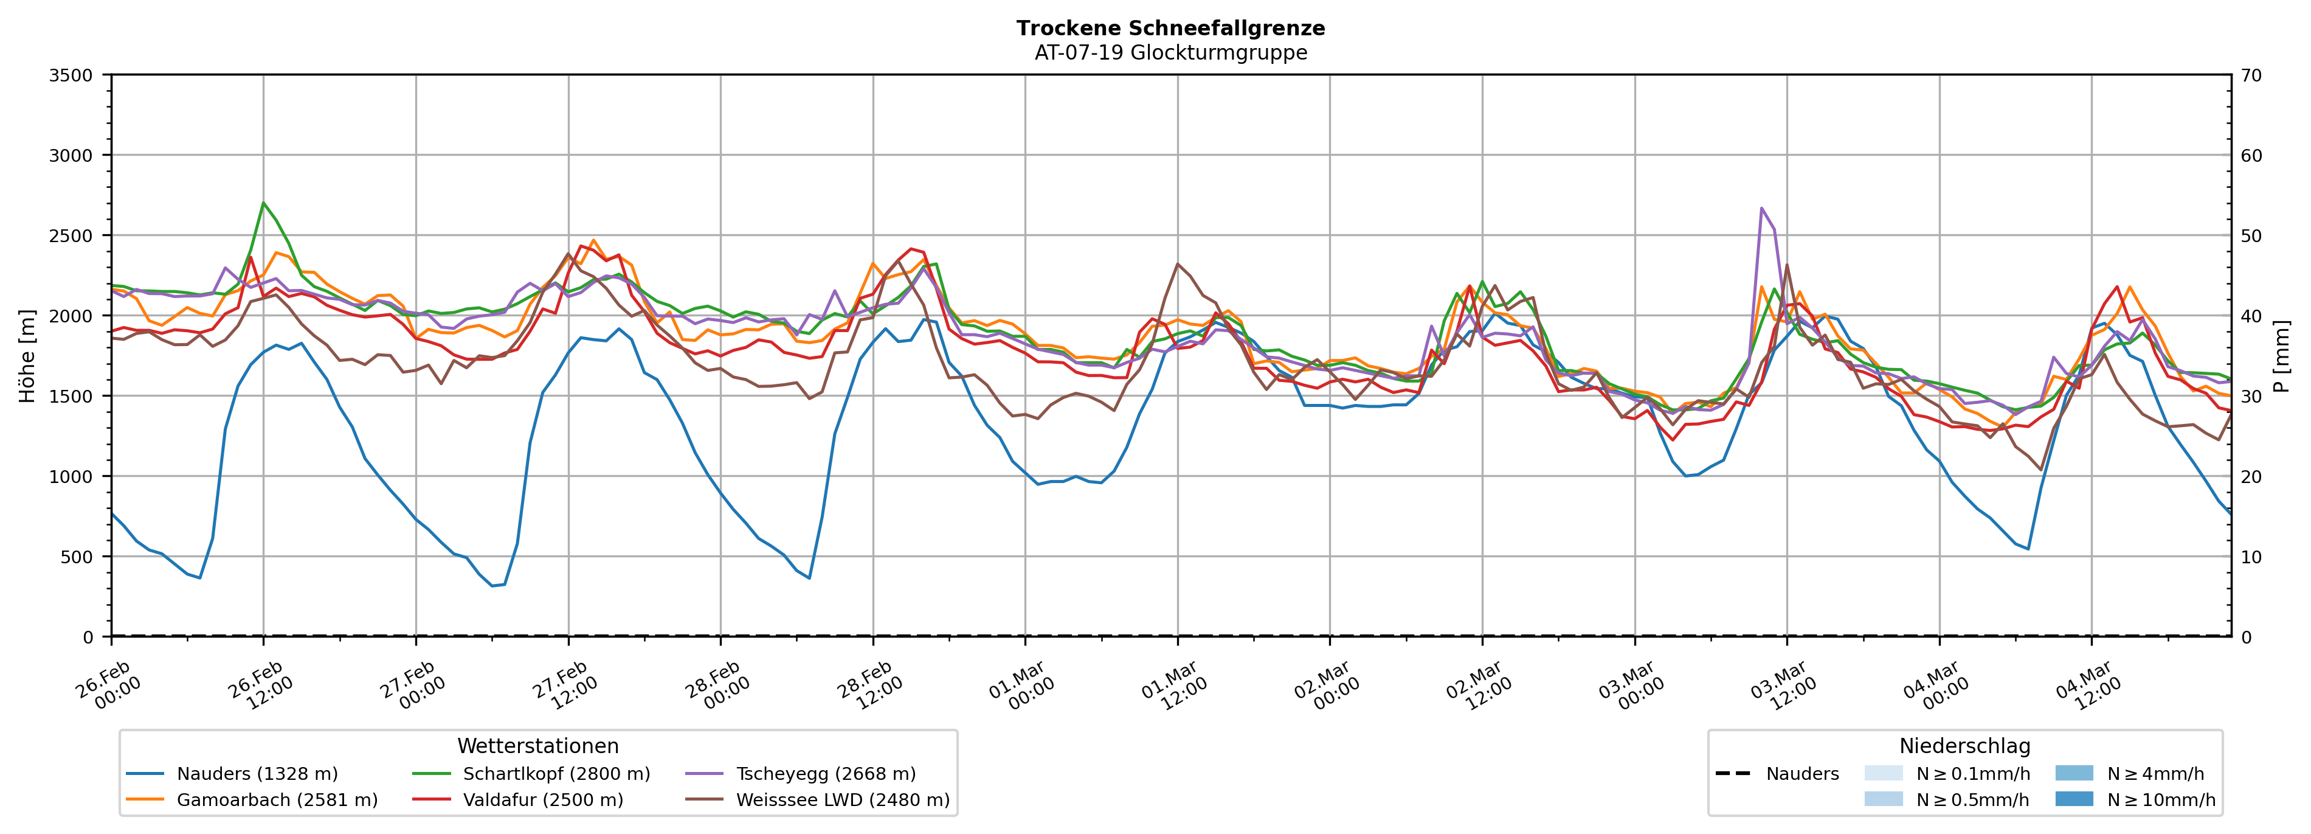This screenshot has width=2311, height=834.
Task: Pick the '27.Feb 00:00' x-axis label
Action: pyautogui.click(x=412, y=687)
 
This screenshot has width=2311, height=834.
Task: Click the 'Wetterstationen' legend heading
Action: pyautogui.click(x=537, y=746)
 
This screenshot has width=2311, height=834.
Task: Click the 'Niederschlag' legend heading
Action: pyautogui.click(x=1964, y=746)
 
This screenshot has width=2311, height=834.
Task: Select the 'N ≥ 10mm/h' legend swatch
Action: pyautogui.click(x=2073, y=799)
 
